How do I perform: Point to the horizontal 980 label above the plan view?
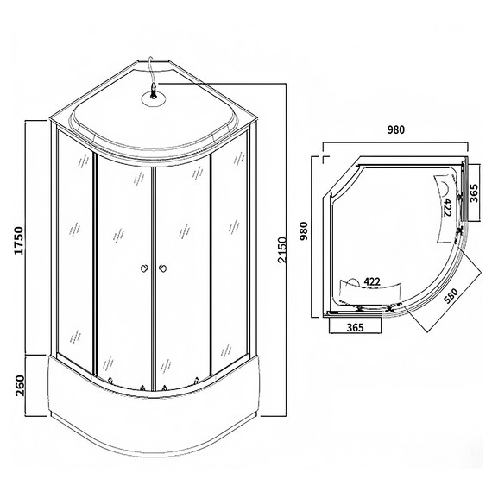tap(395, 130)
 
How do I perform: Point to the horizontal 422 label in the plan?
tap(374, 281)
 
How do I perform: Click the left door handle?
tap(143, 268)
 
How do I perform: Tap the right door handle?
tap(161, 268)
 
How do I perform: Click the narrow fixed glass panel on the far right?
tap(233, 250)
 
